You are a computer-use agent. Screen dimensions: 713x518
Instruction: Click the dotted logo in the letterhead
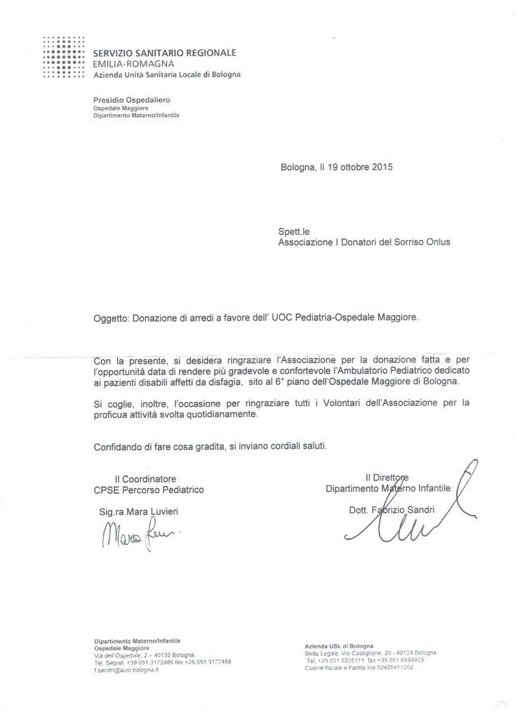pos(63,57)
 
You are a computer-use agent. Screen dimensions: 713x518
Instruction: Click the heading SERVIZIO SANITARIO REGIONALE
pos(164,53)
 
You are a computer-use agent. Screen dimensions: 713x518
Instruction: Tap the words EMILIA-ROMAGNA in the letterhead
pos(133,64)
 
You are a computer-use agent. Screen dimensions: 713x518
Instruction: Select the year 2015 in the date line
pos(381,167)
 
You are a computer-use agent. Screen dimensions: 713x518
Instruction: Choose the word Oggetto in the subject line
pos(112,318)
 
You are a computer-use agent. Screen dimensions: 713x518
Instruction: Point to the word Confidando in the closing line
pos(117,446)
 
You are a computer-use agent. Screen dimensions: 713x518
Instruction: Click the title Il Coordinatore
pos(145,479)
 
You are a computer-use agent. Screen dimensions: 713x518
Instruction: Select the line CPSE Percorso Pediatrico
pos(149,490)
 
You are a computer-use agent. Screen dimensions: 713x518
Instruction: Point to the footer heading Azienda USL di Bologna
pos(339,645)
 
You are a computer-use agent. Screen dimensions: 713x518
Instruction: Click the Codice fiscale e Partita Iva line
pos(359,667)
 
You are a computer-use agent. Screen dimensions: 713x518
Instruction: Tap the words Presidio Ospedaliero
pos(131,100)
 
